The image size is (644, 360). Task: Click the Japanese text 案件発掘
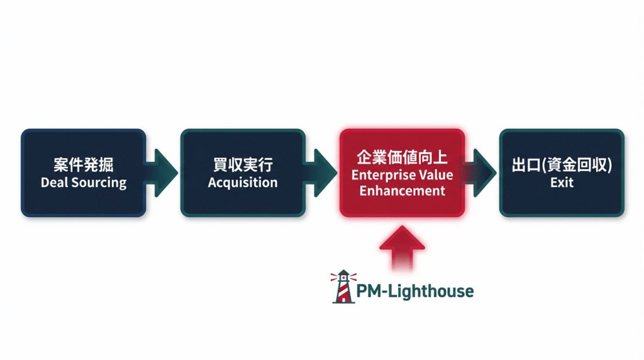coord(83,166)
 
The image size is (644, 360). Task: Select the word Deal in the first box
coord(54,183)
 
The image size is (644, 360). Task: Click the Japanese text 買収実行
coord(243,166)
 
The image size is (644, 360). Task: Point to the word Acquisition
coord(243,183)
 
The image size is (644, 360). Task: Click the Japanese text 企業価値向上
coord(402,157)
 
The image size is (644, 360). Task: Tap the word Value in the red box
coord(435,174)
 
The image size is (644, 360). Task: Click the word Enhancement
coord(402,190)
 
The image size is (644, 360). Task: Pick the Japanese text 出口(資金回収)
coord(562,166)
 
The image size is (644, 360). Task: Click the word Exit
coord(562,183)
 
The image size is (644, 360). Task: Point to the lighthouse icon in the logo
coord(343,286)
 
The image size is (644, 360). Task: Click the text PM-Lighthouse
coord(415,291)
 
